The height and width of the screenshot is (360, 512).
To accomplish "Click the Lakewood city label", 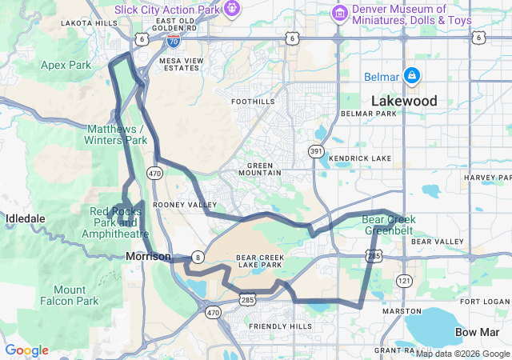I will click(x=403, y=101).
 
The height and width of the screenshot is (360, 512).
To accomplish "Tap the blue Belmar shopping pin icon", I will click(x=411, y=75).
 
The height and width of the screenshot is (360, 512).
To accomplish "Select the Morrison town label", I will click(x=148, y=256).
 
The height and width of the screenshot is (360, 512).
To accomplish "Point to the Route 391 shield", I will click(x=317, y=151).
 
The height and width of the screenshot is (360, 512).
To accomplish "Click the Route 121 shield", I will click(x=404, y=281).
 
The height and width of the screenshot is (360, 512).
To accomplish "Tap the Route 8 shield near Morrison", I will click(x=198, y=257).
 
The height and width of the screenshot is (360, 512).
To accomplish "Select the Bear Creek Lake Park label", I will click(x=259, y=261).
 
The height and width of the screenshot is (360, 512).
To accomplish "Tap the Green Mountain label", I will click(x=260, y=169).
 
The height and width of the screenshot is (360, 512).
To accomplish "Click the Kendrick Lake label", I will click(x=359, y=158).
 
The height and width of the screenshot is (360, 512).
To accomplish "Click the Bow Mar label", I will click(x=478, y=331).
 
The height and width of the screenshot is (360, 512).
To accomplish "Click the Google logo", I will click(x=26, y=350).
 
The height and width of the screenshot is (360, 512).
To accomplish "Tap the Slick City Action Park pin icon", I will click(x=232, y=9).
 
